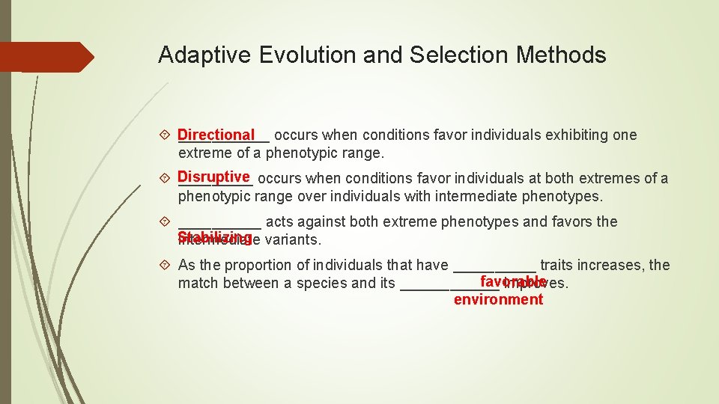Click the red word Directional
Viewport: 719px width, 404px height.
[216, 135]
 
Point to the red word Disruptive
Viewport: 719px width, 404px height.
[214, 177]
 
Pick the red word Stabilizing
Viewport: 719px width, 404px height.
[214, 237]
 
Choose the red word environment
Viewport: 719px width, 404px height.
[498, 300]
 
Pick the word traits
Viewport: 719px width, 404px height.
[556, 266]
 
